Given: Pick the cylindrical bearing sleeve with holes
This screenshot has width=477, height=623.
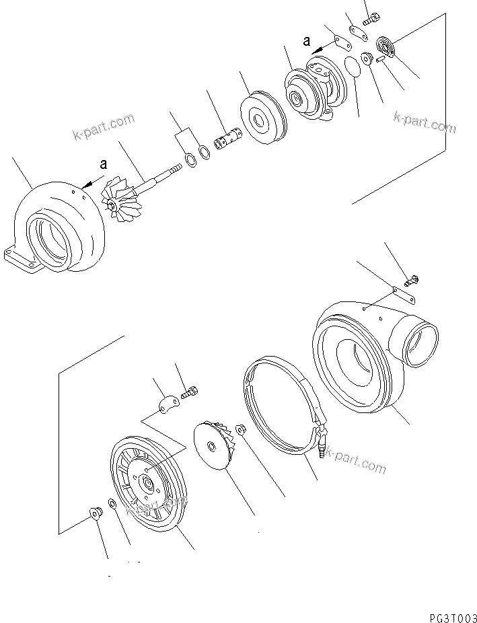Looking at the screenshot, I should pos(226,143).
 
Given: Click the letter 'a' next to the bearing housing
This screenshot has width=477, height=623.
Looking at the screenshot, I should pos(306,41).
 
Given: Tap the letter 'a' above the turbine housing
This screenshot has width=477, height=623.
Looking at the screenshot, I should pos(103,163).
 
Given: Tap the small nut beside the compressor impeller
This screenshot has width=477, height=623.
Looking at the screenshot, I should pos(240,429).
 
